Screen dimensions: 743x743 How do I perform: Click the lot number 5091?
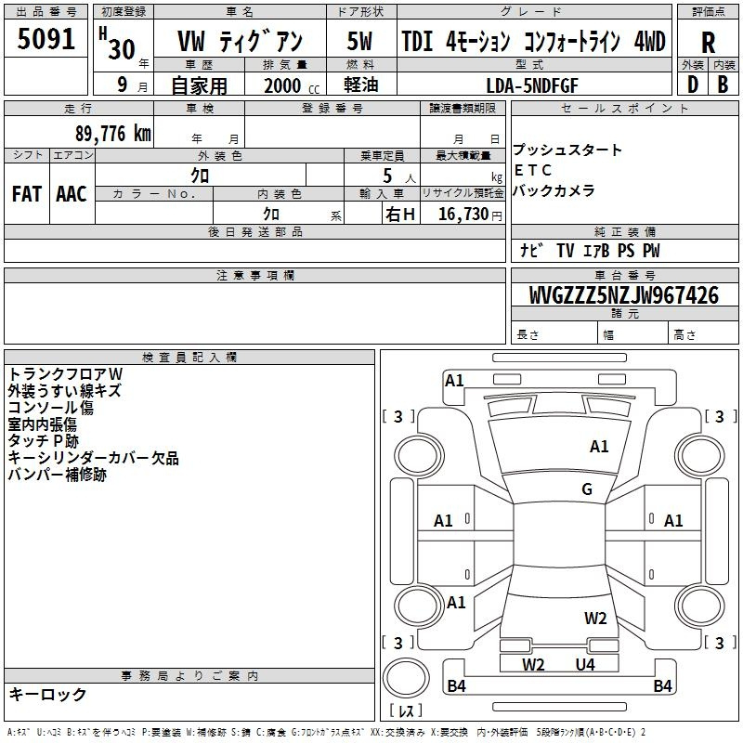[x=46, y=39]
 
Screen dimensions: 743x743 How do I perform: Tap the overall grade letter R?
[x=708, y=43]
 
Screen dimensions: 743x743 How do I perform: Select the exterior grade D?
[x=693, y=85]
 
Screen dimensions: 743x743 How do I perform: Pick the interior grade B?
[x=723, y=85]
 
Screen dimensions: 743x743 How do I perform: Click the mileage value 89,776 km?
[x=113, y=134]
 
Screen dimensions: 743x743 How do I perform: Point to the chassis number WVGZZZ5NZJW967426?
[x=624, y=295]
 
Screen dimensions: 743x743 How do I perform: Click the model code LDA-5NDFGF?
[x=532, y=85]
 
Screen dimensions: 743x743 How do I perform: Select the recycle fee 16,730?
[x=463, y=215]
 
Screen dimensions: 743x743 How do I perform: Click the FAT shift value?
[x=27, y=194]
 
